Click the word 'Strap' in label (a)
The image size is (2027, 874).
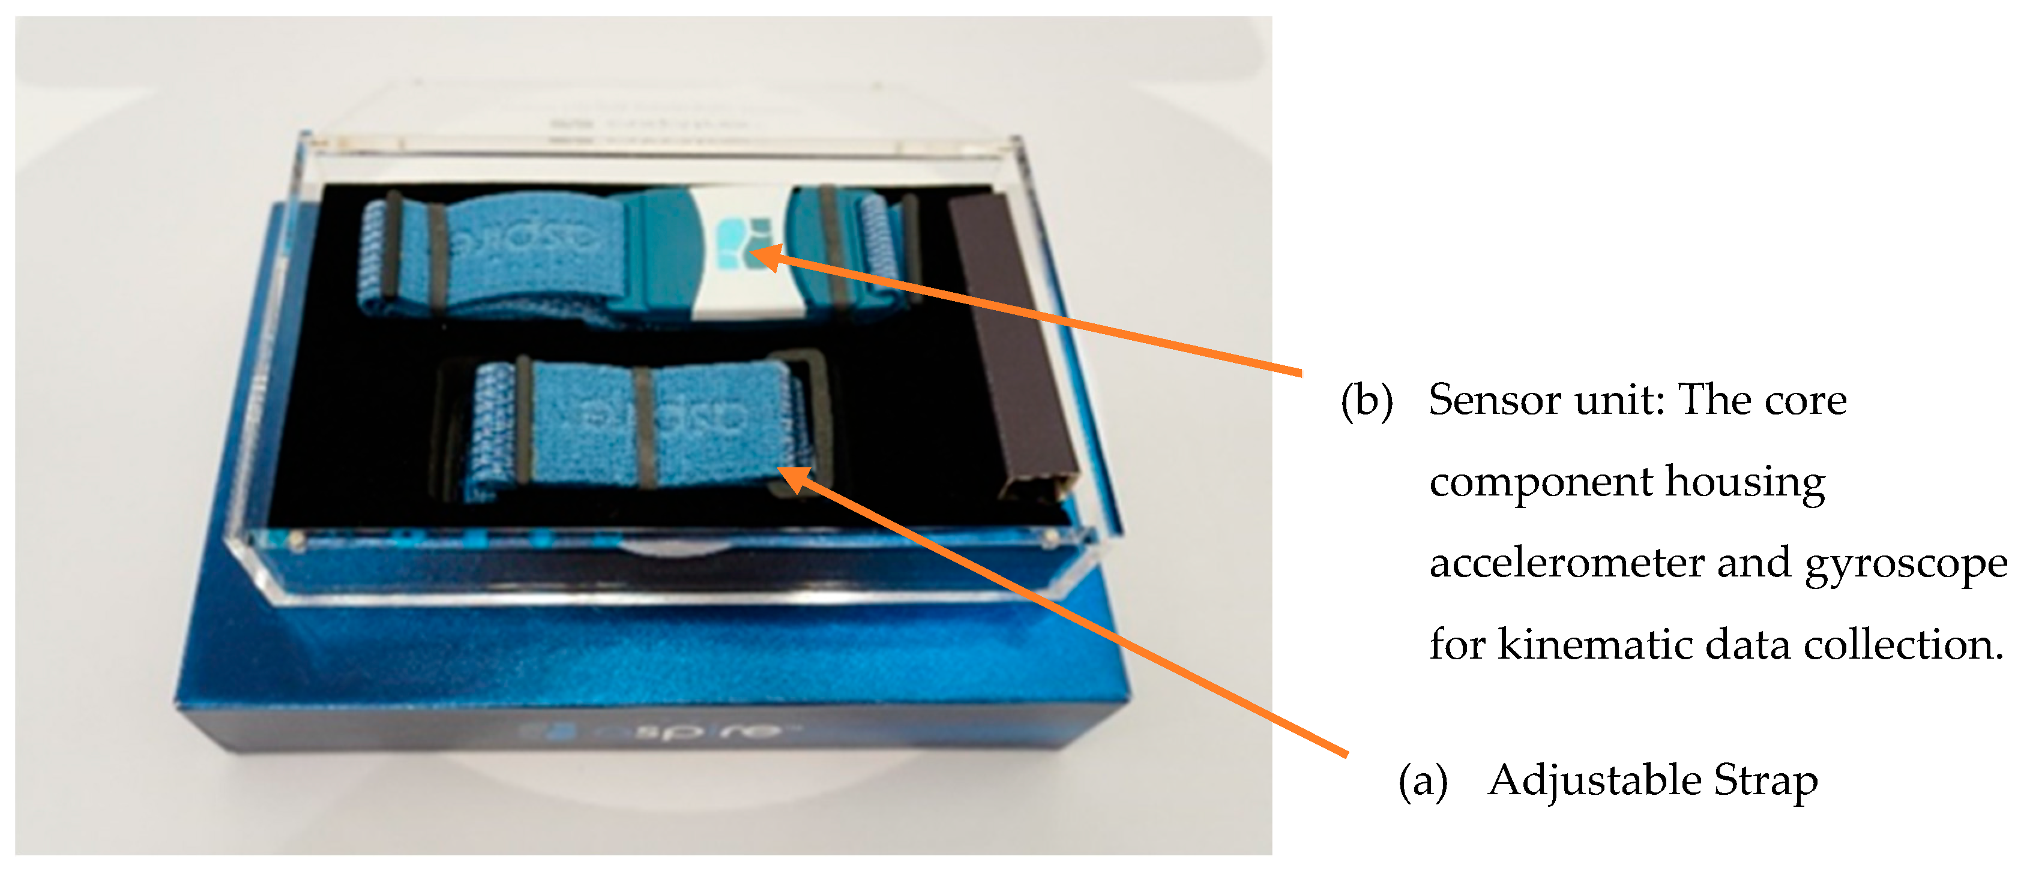click(1766, 781)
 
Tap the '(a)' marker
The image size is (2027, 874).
click(1423, 781)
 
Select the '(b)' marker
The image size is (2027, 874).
click(1367, 401)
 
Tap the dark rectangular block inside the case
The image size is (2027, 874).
click(1011, 346)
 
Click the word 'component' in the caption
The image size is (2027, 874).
click(1540, 483)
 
